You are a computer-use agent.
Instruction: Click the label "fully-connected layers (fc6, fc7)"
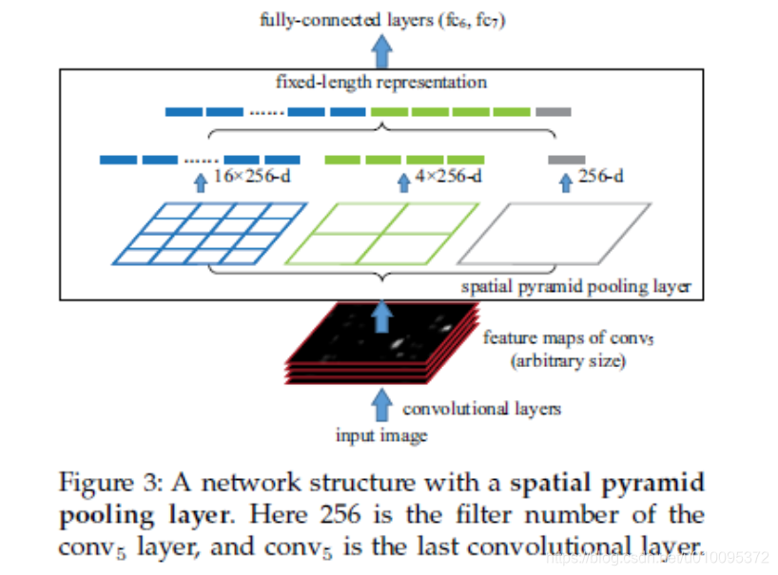point(381,20)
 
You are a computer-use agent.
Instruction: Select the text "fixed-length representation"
point(381,82)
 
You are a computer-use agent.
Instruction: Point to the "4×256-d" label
point(449,177)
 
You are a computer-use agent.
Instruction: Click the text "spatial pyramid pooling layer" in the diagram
point(575,286)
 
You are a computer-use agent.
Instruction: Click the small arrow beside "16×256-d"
point(200,180)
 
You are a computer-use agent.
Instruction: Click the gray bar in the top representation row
point(553,112)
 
